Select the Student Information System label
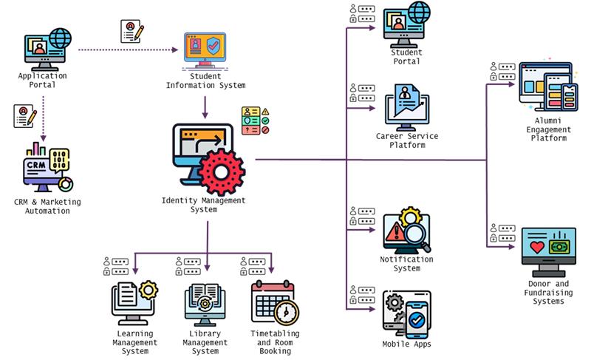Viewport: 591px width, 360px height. click(206, 81)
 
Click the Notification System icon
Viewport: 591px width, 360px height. click(406, 230)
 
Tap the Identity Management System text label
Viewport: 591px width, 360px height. click(203, 205)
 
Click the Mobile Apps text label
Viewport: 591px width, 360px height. click(406, 344)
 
